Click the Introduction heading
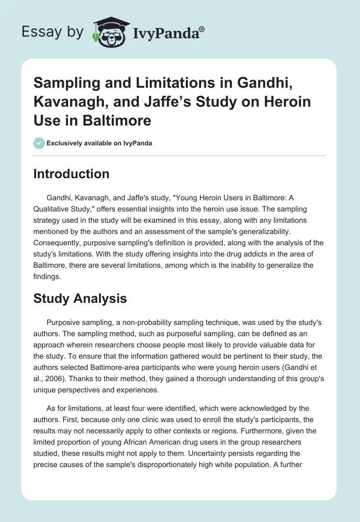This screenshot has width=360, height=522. click(x=71, y=174)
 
